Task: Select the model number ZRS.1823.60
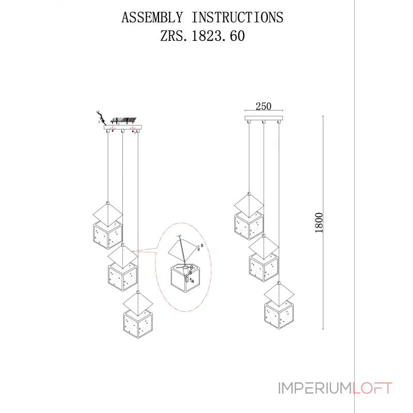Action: point(202,36)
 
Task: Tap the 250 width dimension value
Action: point(263,106)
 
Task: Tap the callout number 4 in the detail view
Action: point(193,282)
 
